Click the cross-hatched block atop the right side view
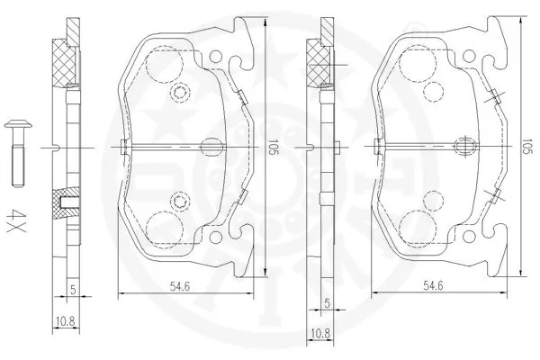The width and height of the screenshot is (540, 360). (318, 63)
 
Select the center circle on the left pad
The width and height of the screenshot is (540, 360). (212, 147)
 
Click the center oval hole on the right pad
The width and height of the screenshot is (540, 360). (466, 147)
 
